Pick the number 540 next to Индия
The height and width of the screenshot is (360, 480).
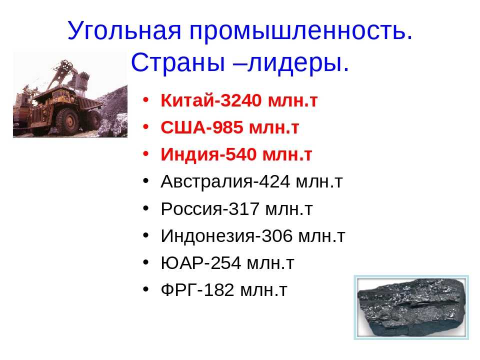tap(240, 154)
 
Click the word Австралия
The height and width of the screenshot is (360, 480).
tap(206, 181)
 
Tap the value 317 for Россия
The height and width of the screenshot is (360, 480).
tap(244, 209)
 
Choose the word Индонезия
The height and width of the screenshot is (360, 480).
tap(207, 236)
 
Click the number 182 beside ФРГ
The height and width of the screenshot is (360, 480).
tap(218, 290)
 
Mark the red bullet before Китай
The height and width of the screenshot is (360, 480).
tap(145, 100)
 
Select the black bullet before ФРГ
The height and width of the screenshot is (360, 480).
tap(145, 289)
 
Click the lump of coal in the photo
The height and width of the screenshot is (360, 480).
tap(411, 306)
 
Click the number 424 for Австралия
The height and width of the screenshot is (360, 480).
tap(274, 181)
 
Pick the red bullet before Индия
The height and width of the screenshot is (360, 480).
tap(145, 153)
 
